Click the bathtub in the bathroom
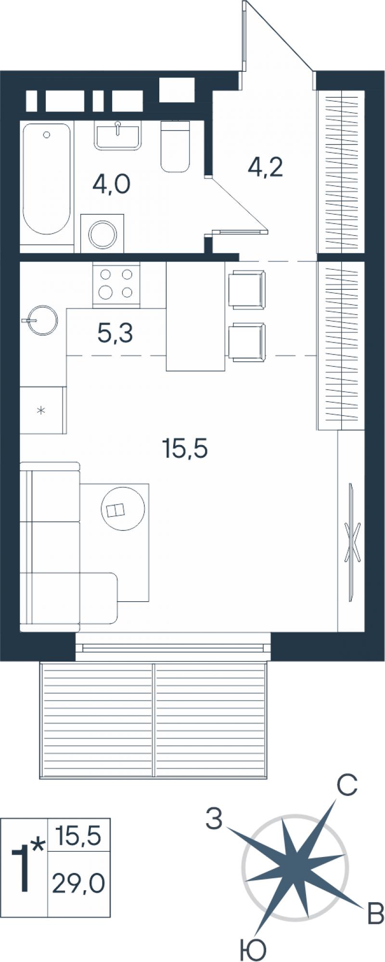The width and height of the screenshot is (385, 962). point(47,179)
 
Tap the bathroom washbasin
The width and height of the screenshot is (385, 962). point(118,135)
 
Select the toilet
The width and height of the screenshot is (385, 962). point(175,146)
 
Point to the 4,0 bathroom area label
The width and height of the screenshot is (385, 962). point(112,184)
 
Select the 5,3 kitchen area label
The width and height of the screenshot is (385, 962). point(115,333)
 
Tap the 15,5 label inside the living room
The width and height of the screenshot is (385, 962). point(185,449)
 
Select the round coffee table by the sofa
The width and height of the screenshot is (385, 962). point(123,509)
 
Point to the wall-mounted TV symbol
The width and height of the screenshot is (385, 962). point(352,542)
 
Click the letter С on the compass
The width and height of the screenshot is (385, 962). point(346,785)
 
